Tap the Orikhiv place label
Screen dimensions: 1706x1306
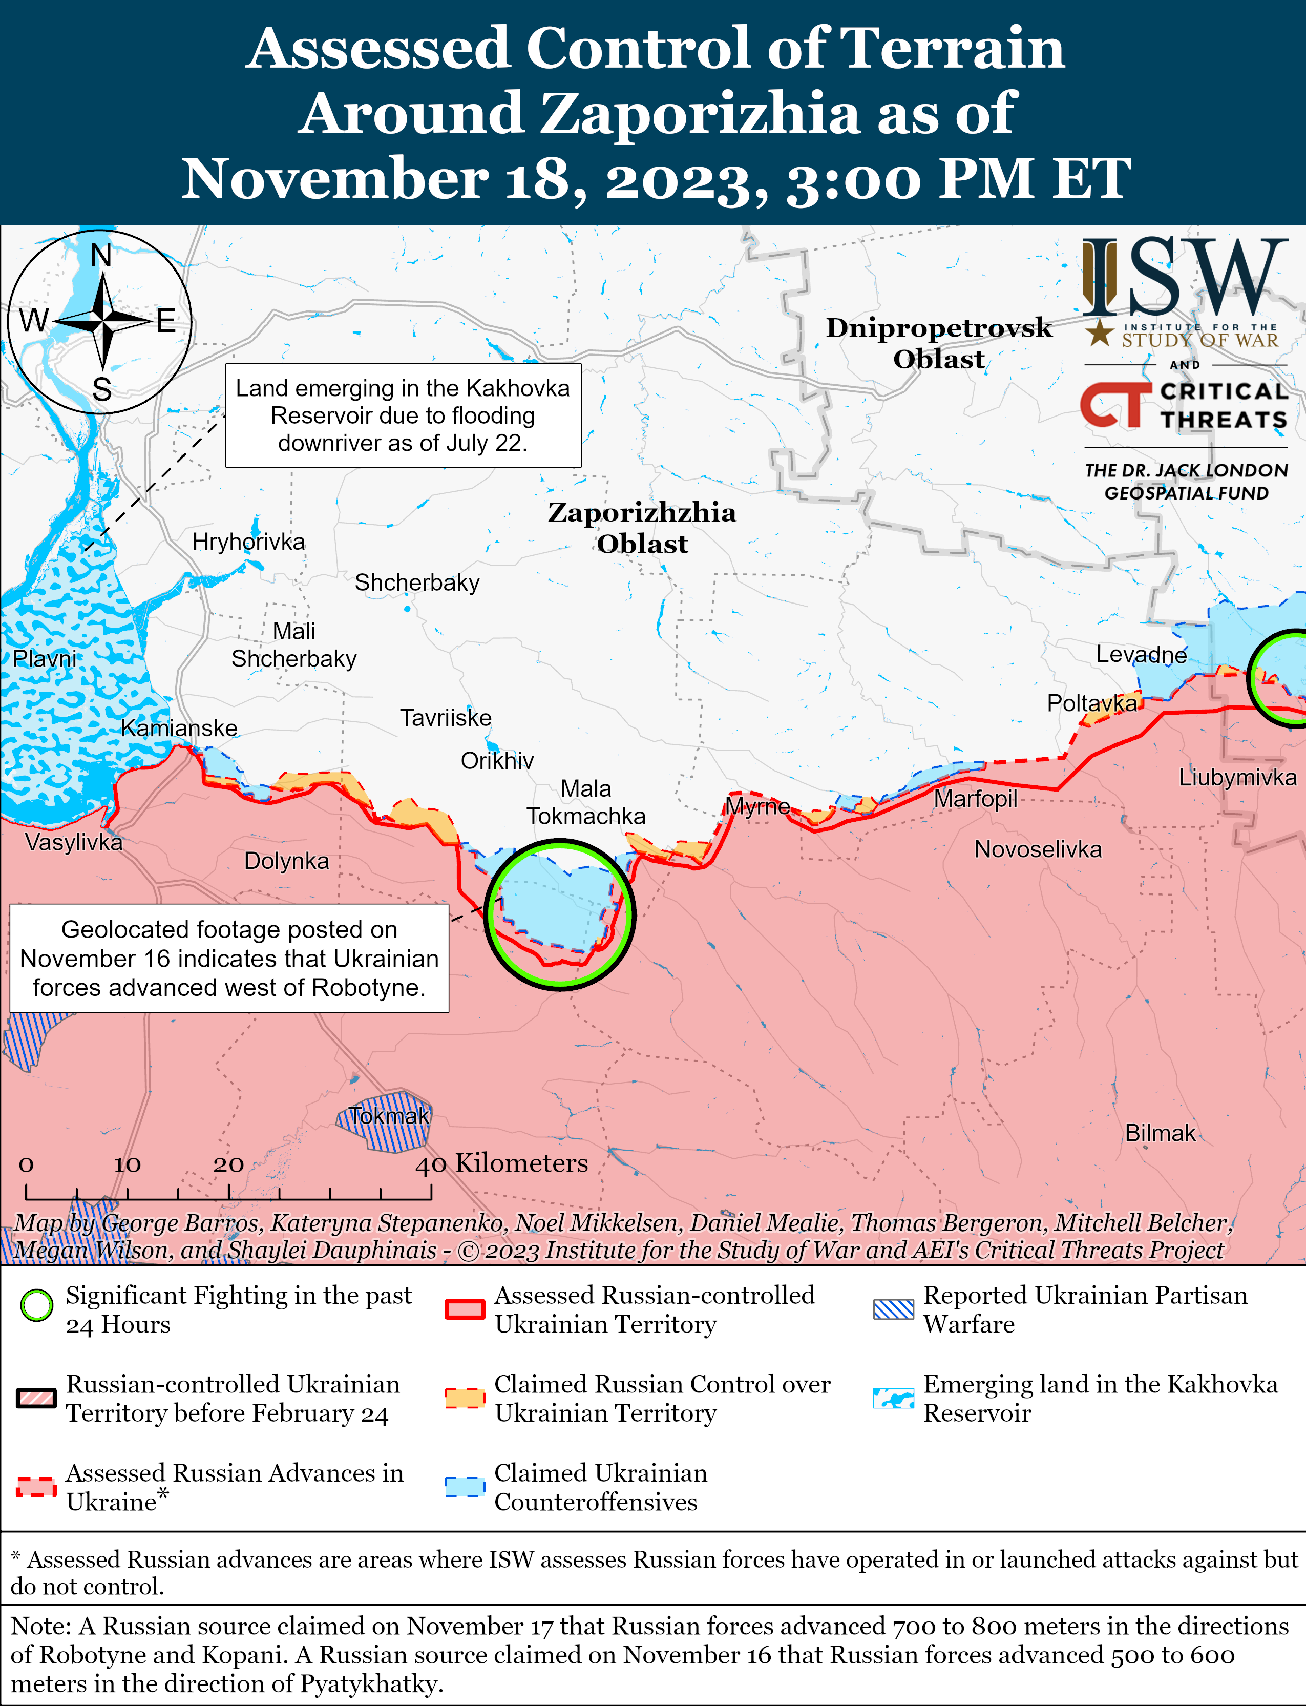point(497,760)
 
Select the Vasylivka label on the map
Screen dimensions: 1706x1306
point(74,842)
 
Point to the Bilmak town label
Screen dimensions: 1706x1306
point(1160,1133)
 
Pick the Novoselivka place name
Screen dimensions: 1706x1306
point(1038,849)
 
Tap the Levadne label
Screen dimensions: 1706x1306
point(1141,655)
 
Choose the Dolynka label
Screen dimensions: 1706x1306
point(286,861)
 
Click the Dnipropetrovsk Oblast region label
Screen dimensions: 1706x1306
point(938,343)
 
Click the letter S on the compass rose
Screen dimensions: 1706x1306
point(102,389)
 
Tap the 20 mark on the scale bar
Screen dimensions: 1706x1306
point(228,1164)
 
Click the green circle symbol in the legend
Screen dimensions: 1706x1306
point(36,1305)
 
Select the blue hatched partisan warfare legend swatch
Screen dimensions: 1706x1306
point(893,1308)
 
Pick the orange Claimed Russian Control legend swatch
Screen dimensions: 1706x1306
point(465,1397)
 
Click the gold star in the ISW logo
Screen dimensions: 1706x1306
point(1099,333)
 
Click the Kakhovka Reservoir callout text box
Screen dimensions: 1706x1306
point(403,415)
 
